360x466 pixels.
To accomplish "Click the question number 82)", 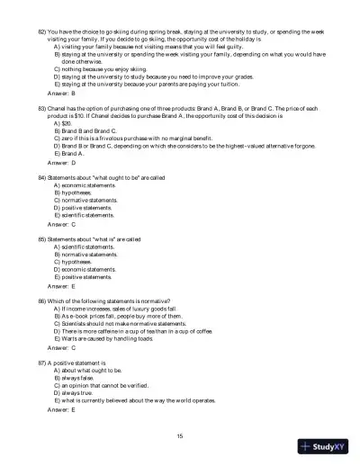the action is click(x=41, y=18).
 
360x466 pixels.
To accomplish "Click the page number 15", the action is click(x=180, y=435).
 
